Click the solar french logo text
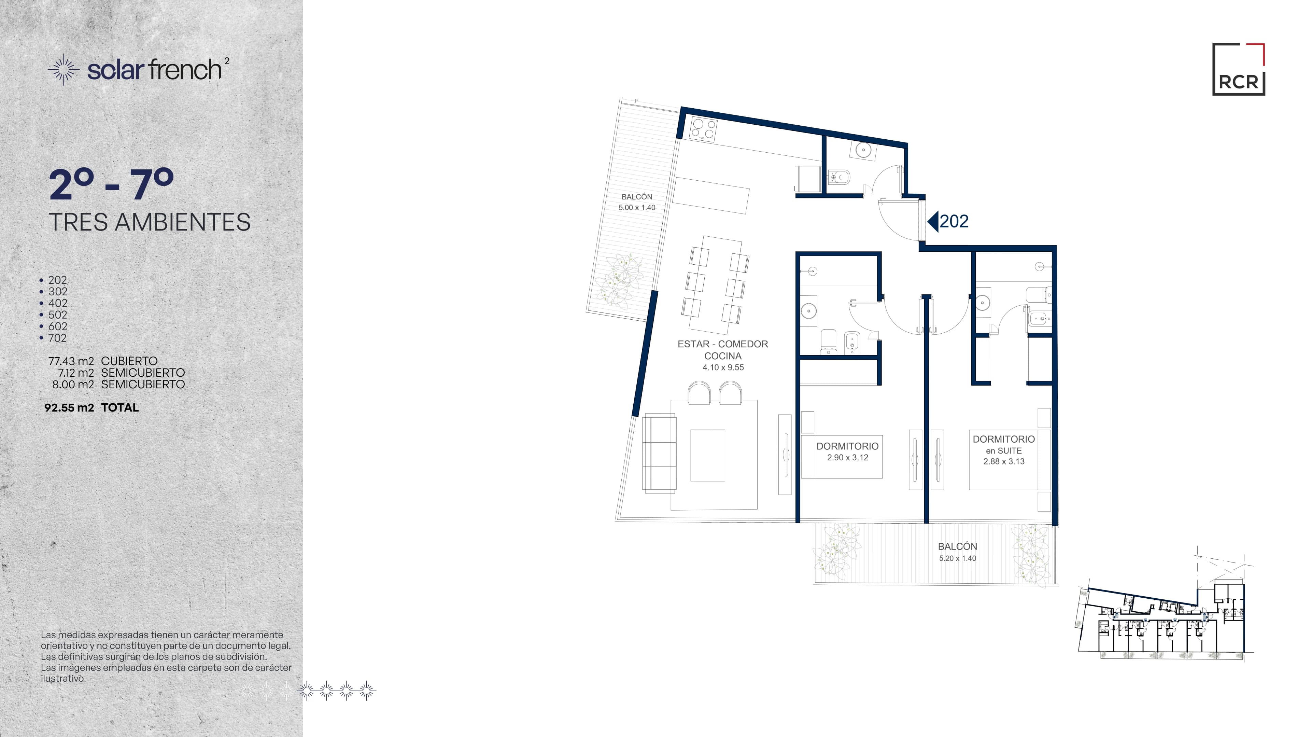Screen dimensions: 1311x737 tap(155, 70)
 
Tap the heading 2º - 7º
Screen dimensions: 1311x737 tap(111, 185)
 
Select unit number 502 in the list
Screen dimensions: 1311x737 tap(57, 315)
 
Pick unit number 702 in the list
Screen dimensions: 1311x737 tap(57, 338)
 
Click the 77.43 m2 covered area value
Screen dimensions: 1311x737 tap(71, 361)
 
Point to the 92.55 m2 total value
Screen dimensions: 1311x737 tap(69, 407)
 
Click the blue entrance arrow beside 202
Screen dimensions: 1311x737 tap(932, 221)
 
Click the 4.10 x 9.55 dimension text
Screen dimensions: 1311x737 tap(723, 367)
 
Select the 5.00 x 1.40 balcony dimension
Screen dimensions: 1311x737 tap(637, 208)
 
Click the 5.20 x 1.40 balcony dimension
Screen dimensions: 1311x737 tap(957, 558)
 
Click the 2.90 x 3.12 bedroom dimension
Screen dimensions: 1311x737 tap(847, 458)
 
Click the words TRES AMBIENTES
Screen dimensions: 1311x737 tap(150, 222)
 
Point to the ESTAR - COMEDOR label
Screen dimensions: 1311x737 tap(723, 344)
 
